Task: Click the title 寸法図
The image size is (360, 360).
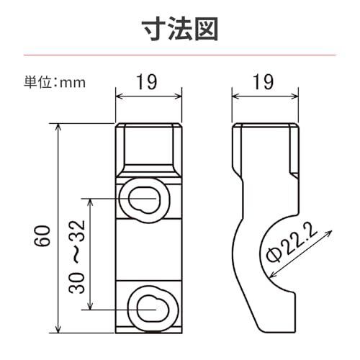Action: point(180,29)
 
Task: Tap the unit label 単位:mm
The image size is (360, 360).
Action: point(55,82)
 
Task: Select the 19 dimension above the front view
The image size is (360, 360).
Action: point(147,82)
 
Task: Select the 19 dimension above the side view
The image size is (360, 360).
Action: point(264,82)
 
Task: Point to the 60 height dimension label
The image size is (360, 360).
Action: point(42,235)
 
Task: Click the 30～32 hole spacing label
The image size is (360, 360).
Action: point(77,256)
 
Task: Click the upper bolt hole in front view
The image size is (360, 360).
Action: point(144,199)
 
